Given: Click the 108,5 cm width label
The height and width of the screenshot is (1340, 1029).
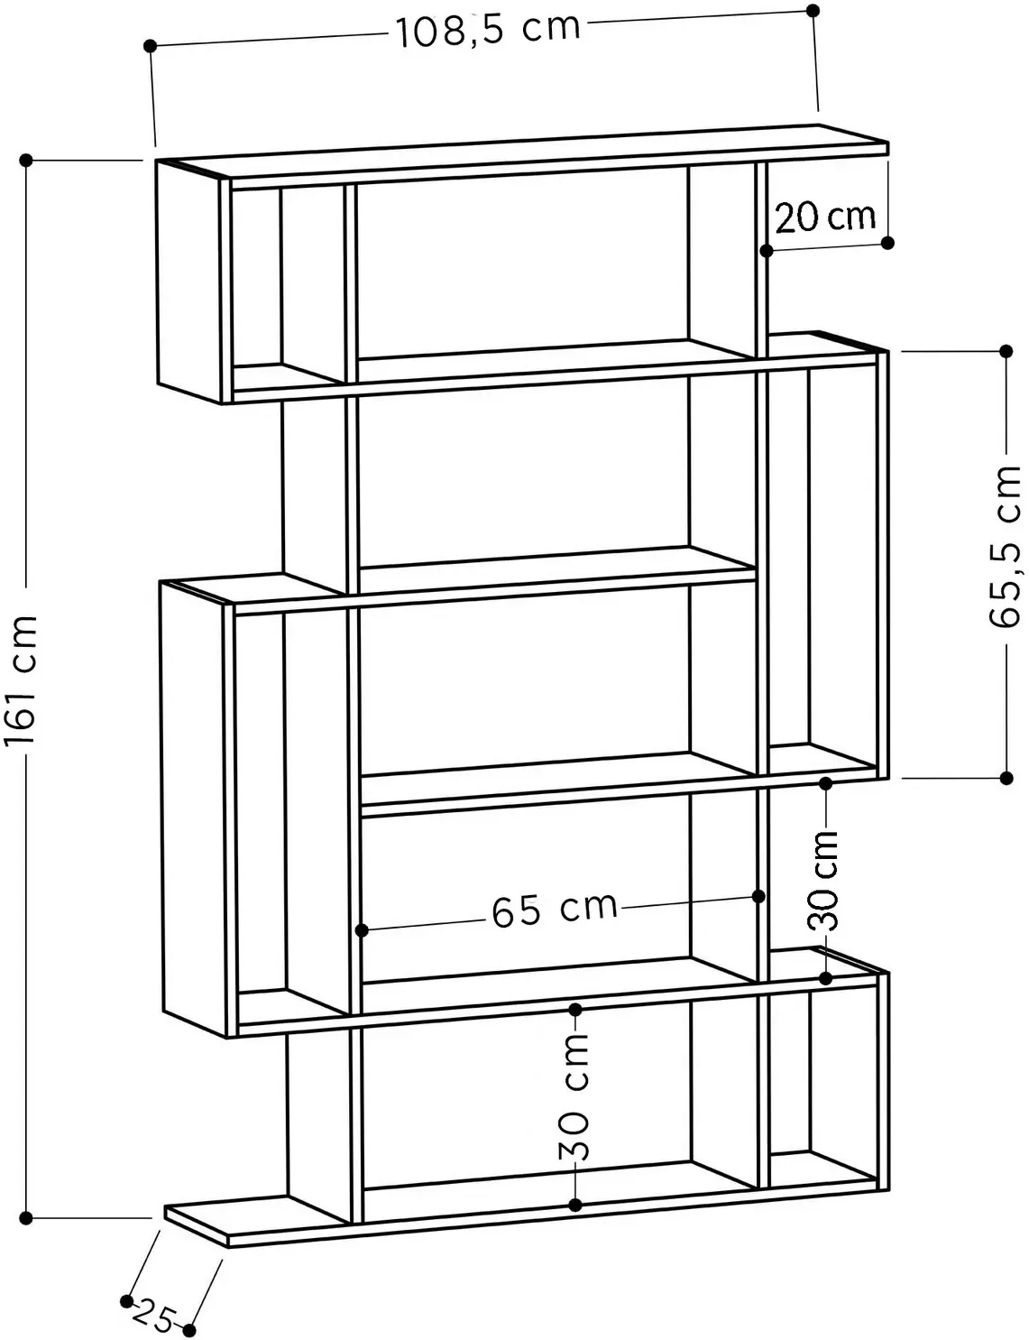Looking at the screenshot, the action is coord(488,30).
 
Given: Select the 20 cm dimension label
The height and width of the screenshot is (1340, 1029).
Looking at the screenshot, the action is coord(825,217).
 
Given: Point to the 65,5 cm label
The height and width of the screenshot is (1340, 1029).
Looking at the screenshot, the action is coord(1005,548).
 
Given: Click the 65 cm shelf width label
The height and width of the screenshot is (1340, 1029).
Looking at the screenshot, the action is coord(555,910).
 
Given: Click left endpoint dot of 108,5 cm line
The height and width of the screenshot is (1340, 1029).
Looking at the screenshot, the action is coord(150,46).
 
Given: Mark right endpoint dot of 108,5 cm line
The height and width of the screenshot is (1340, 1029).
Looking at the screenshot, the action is coord(813,11).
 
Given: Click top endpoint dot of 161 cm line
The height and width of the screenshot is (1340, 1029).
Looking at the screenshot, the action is coord(26,161).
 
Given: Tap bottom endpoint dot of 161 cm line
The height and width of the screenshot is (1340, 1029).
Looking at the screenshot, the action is coord(26,1218).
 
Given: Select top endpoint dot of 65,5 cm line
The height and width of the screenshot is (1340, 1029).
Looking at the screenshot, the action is coord(1006,352).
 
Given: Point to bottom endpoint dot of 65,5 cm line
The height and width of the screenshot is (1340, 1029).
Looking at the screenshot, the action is coord(1006,778).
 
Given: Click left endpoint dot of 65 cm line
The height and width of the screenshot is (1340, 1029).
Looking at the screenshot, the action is coord(362,930).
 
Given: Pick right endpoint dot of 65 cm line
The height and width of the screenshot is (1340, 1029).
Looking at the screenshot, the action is coord(759,896).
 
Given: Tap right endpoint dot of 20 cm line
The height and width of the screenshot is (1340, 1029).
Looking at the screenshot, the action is coord(888,243).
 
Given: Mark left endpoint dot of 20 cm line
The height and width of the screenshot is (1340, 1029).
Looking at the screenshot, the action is coord(767,251).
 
